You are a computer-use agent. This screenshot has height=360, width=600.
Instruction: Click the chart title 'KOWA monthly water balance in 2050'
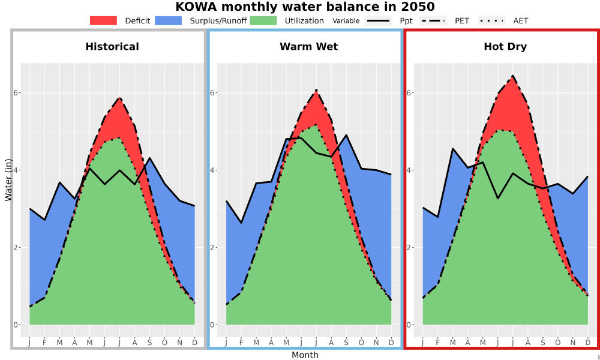tap(305, 7)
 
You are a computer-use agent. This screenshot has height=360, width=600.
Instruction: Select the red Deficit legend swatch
tap(103, 20)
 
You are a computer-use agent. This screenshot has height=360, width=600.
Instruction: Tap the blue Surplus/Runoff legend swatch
tap(169, 20)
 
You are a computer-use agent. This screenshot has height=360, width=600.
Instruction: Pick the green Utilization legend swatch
tap(263, 20)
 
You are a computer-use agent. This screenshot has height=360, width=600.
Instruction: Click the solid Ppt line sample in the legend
tap(377, 20)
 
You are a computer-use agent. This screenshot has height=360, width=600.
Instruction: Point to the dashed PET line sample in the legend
tap(433, 20)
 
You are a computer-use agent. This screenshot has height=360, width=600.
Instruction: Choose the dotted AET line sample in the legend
tap(491, 20)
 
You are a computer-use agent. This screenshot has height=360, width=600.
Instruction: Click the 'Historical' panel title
tap(112, 47)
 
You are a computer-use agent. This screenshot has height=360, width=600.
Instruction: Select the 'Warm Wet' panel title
tap(309, 47)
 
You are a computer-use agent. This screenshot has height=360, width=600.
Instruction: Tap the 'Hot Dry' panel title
tap(505, 47)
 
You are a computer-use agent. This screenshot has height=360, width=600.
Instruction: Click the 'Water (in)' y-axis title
tap(8, 180)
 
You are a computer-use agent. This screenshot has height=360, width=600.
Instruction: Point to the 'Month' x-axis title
tap(305, 355)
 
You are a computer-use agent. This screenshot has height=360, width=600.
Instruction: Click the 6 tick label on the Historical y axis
tap(16, 93)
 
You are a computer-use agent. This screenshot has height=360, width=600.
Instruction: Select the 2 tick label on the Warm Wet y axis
tap(213, 247)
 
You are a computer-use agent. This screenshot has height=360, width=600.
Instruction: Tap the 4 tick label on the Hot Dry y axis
tap(410, 170)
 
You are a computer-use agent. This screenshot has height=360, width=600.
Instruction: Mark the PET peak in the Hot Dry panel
tap(513, 76)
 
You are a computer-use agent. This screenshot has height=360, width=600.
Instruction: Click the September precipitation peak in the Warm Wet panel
tap(346, 134)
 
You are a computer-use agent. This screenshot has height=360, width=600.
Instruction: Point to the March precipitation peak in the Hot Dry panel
tap(452, 148)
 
